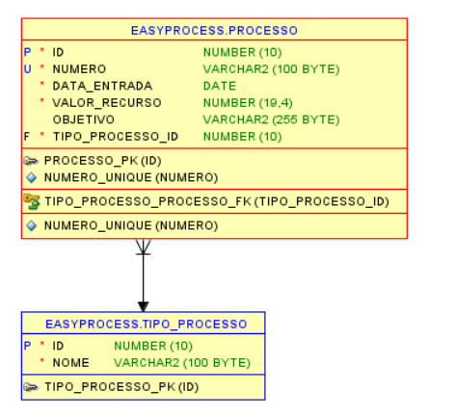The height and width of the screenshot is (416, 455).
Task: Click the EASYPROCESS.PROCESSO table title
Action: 214,31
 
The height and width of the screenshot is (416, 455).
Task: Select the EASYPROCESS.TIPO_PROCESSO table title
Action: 143,325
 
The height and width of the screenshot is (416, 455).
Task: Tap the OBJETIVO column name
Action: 83,118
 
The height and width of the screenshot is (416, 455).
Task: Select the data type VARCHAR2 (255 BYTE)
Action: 271,118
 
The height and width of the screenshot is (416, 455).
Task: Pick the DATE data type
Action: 219,86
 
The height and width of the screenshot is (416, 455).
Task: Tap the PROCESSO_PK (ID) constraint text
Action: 100,161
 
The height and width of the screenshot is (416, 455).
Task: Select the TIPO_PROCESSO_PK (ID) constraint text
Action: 120,386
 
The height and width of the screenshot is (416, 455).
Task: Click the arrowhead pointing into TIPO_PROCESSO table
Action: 143,305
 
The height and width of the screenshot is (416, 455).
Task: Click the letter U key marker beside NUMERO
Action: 27,69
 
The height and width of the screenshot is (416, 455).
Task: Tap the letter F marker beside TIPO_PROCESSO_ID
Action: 27,136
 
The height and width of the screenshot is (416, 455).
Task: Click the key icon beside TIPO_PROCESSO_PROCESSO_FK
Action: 32,201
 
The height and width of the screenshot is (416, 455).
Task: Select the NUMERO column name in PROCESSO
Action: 79,69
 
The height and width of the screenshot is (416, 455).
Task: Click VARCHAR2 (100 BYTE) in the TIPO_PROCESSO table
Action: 181,363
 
